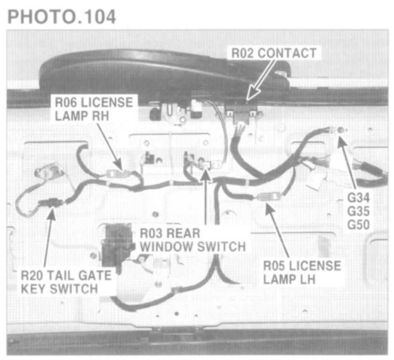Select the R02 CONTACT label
pos(273,53)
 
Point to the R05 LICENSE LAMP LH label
pos(302,272)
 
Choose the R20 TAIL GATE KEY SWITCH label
pos(66,282)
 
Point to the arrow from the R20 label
pos(48,239)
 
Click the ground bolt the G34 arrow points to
pos(340,130)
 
